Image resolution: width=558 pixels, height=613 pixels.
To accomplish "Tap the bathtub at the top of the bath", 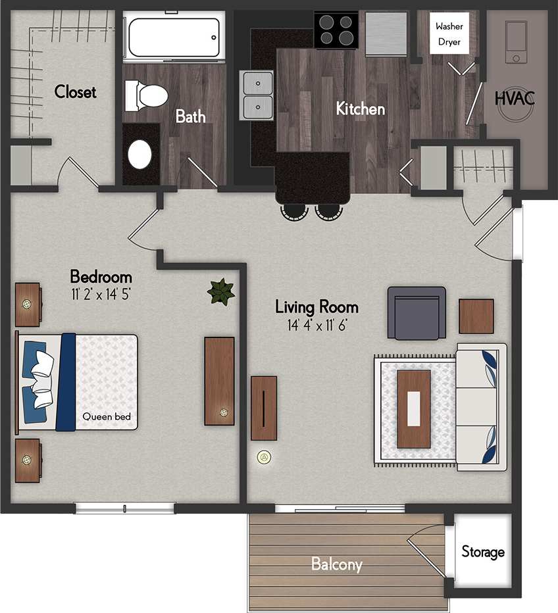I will pos(173,37).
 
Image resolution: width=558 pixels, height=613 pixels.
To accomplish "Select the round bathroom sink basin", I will pos(139,154).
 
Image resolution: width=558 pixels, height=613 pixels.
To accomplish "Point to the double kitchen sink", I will pos(258,95).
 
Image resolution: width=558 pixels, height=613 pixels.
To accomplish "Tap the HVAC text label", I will pos(515,99).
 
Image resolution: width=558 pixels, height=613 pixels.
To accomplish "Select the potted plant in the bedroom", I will pos(220,291).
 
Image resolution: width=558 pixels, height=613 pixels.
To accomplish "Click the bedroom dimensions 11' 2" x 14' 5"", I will pos(101,294).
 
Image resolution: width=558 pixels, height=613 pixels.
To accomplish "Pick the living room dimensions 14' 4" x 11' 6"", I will pos(317,324).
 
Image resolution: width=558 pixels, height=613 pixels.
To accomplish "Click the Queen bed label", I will pos(107,416).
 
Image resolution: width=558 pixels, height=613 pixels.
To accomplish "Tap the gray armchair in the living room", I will pos(416,313).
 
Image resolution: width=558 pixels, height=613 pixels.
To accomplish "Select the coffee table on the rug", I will pos(414,408).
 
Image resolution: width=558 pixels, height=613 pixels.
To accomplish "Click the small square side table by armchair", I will pos(476,316).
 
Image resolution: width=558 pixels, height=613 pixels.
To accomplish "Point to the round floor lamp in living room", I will pos(265,456).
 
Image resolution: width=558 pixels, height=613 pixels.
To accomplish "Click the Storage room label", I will pos(482,552).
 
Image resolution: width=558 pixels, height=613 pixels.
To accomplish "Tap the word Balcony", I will pos(336,564).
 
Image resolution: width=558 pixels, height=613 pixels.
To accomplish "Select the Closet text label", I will pos(75,91).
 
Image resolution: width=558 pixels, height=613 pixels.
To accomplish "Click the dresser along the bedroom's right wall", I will pos(219,381).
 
